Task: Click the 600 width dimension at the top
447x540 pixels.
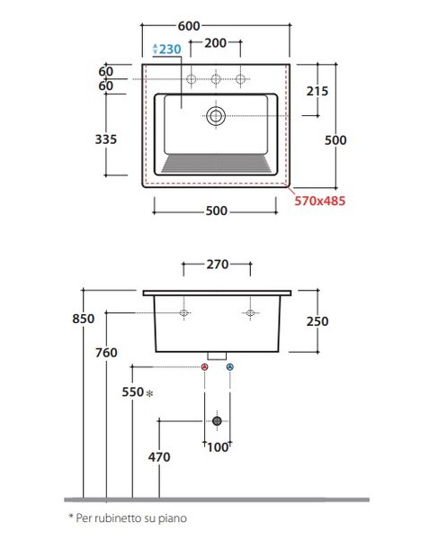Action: (189, 26)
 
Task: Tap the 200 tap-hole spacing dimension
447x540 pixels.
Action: (216, 43)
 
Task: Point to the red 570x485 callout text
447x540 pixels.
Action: (319, 201)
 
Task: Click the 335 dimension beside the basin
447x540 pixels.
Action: (106, 139)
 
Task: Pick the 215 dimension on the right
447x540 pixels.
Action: (317, 91)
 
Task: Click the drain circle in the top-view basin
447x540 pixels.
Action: (216, 116)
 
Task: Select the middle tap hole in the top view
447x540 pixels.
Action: (216, 79)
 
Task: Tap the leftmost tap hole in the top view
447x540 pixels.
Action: (191, 79)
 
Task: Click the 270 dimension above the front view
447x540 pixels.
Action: (218, 265)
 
